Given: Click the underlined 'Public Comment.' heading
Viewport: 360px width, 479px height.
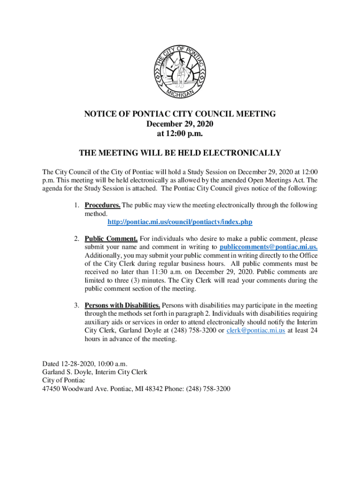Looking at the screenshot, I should pos(111,239).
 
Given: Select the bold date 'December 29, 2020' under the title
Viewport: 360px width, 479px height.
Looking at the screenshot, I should pos(180,124).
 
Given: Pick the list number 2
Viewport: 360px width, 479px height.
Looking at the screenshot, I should pos(76,239).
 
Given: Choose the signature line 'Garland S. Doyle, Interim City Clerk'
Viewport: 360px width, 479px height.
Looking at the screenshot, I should pos(95,372).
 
